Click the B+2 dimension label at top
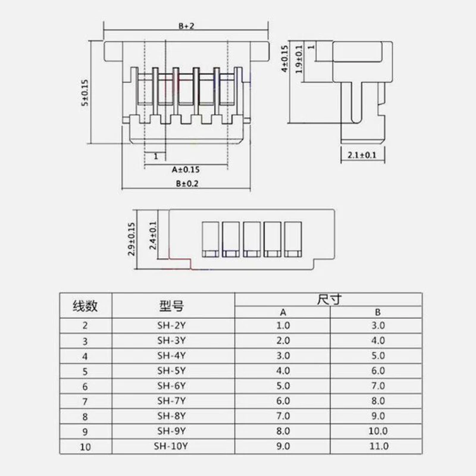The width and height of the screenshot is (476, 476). point(186,26)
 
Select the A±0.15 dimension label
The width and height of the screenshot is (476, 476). point(186,170)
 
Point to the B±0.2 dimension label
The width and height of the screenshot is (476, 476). point(186,184)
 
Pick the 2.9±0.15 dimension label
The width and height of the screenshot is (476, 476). point(131,239)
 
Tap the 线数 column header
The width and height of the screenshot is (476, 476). point(85,306)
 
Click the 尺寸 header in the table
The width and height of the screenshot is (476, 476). point(329,299)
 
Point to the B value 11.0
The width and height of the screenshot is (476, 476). point(378,445)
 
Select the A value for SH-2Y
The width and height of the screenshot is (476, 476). point(283,325)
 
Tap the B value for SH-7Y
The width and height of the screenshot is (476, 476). point(378,400)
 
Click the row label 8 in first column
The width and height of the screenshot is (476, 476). point(85,415)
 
